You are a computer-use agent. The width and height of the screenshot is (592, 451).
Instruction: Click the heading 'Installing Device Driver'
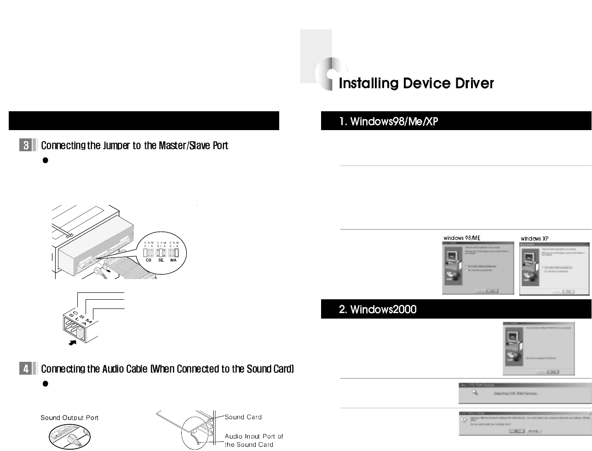(416, 83)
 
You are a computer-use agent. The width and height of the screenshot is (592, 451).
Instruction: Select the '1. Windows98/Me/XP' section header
(388, 121)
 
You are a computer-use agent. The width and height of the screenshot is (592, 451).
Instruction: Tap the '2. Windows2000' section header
(377, 309)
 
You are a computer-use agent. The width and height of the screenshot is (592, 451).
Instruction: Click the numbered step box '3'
(26, 146)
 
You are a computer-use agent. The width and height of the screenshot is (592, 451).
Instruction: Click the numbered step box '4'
(26, 369)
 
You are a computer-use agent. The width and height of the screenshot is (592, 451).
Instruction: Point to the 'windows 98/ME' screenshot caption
(462, 238)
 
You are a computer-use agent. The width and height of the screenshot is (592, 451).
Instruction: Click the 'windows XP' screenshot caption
(534, 238)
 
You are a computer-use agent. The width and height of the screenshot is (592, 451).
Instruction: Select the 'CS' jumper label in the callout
(148, 260)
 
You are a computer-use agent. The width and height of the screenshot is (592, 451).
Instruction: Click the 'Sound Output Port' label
(69, 417)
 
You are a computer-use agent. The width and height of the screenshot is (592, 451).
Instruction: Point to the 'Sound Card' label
(243, 417)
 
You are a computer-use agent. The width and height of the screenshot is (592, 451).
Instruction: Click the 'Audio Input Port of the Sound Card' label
(253, 440)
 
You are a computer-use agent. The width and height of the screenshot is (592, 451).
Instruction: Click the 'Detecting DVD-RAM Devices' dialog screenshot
(525, 393)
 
